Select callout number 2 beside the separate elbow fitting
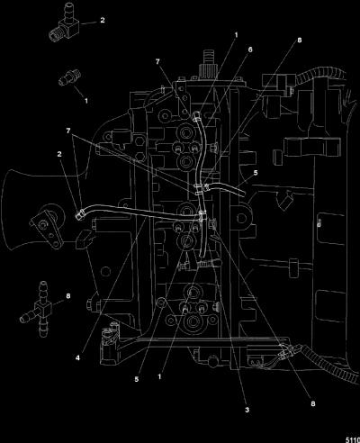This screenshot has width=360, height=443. (x=103, y=20)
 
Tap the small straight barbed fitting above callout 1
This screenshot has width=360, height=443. (x=70, y=77)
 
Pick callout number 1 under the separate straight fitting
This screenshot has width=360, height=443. (x=86, y=101)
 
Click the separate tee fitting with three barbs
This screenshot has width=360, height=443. (x=40, y=309)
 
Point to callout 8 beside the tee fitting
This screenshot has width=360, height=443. (x=68, y=296)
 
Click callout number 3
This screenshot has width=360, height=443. (x=247, y=410)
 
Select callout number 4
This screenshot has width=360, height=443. (x=77, y=357)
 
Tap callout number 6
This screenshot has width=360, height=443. (x=250, y=50)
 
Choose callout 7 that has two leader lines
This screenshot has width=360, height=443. (x=68, y=131)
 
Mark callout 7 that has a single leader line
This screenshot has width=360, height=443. (x=157, y=61)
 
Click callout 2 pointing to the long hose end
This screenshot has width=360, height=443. (x=59, y=154)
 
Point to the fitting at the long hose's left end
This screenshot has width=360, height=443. (x=80, y=214)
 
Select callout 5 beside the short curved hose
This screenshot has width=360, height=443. (x=256, y=173)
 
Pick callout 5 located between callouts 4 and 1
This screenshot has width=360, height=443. (x=137, y=379)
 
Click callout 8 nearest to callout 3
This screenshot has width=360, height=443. (x=313, y=403)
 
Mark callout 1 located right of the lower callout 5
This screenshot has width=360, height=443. (x=159, y=376)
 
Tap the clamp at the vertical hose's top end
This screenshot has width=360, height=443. (x=197, y=116)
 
